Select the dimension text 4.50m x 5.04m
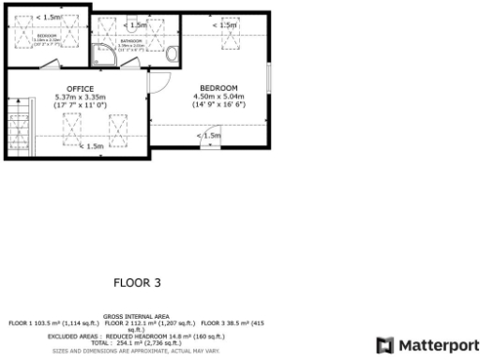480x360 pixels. coord(218,97)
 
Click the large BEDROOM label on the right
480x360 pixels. coord(218,88)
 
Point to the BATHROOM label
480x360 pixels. coord(131,42)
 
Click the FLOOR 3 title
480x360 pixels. coord(138,281)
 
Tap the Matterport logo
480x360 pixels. coord(427,344)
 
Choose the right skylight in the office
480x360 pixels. coord(119,127)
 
